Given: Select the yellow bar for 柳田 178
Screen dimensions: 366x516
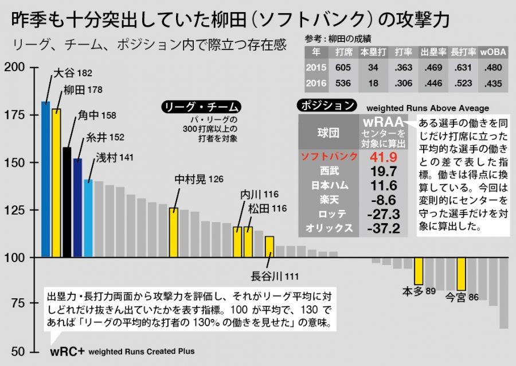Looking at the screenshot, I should tap(56, 183).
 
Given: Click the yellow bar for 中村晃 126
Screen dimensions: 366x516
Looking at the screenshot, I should tap(174, 233).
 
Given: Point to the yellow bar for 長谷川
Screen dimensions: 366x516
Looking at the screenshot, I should tap(269, 247).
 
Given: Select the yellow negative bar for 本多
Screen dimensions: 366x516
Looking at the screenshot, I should tap(419, 271).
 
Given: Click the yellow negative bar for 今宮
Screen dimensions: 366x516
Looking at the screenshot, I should tap(461, 274).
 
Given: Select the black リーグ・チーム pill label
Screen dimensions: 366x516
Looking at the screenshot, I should tap(201, 107).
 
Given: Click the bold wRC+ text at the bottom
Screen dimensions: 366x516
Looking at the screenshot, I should tap(67, 351).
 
